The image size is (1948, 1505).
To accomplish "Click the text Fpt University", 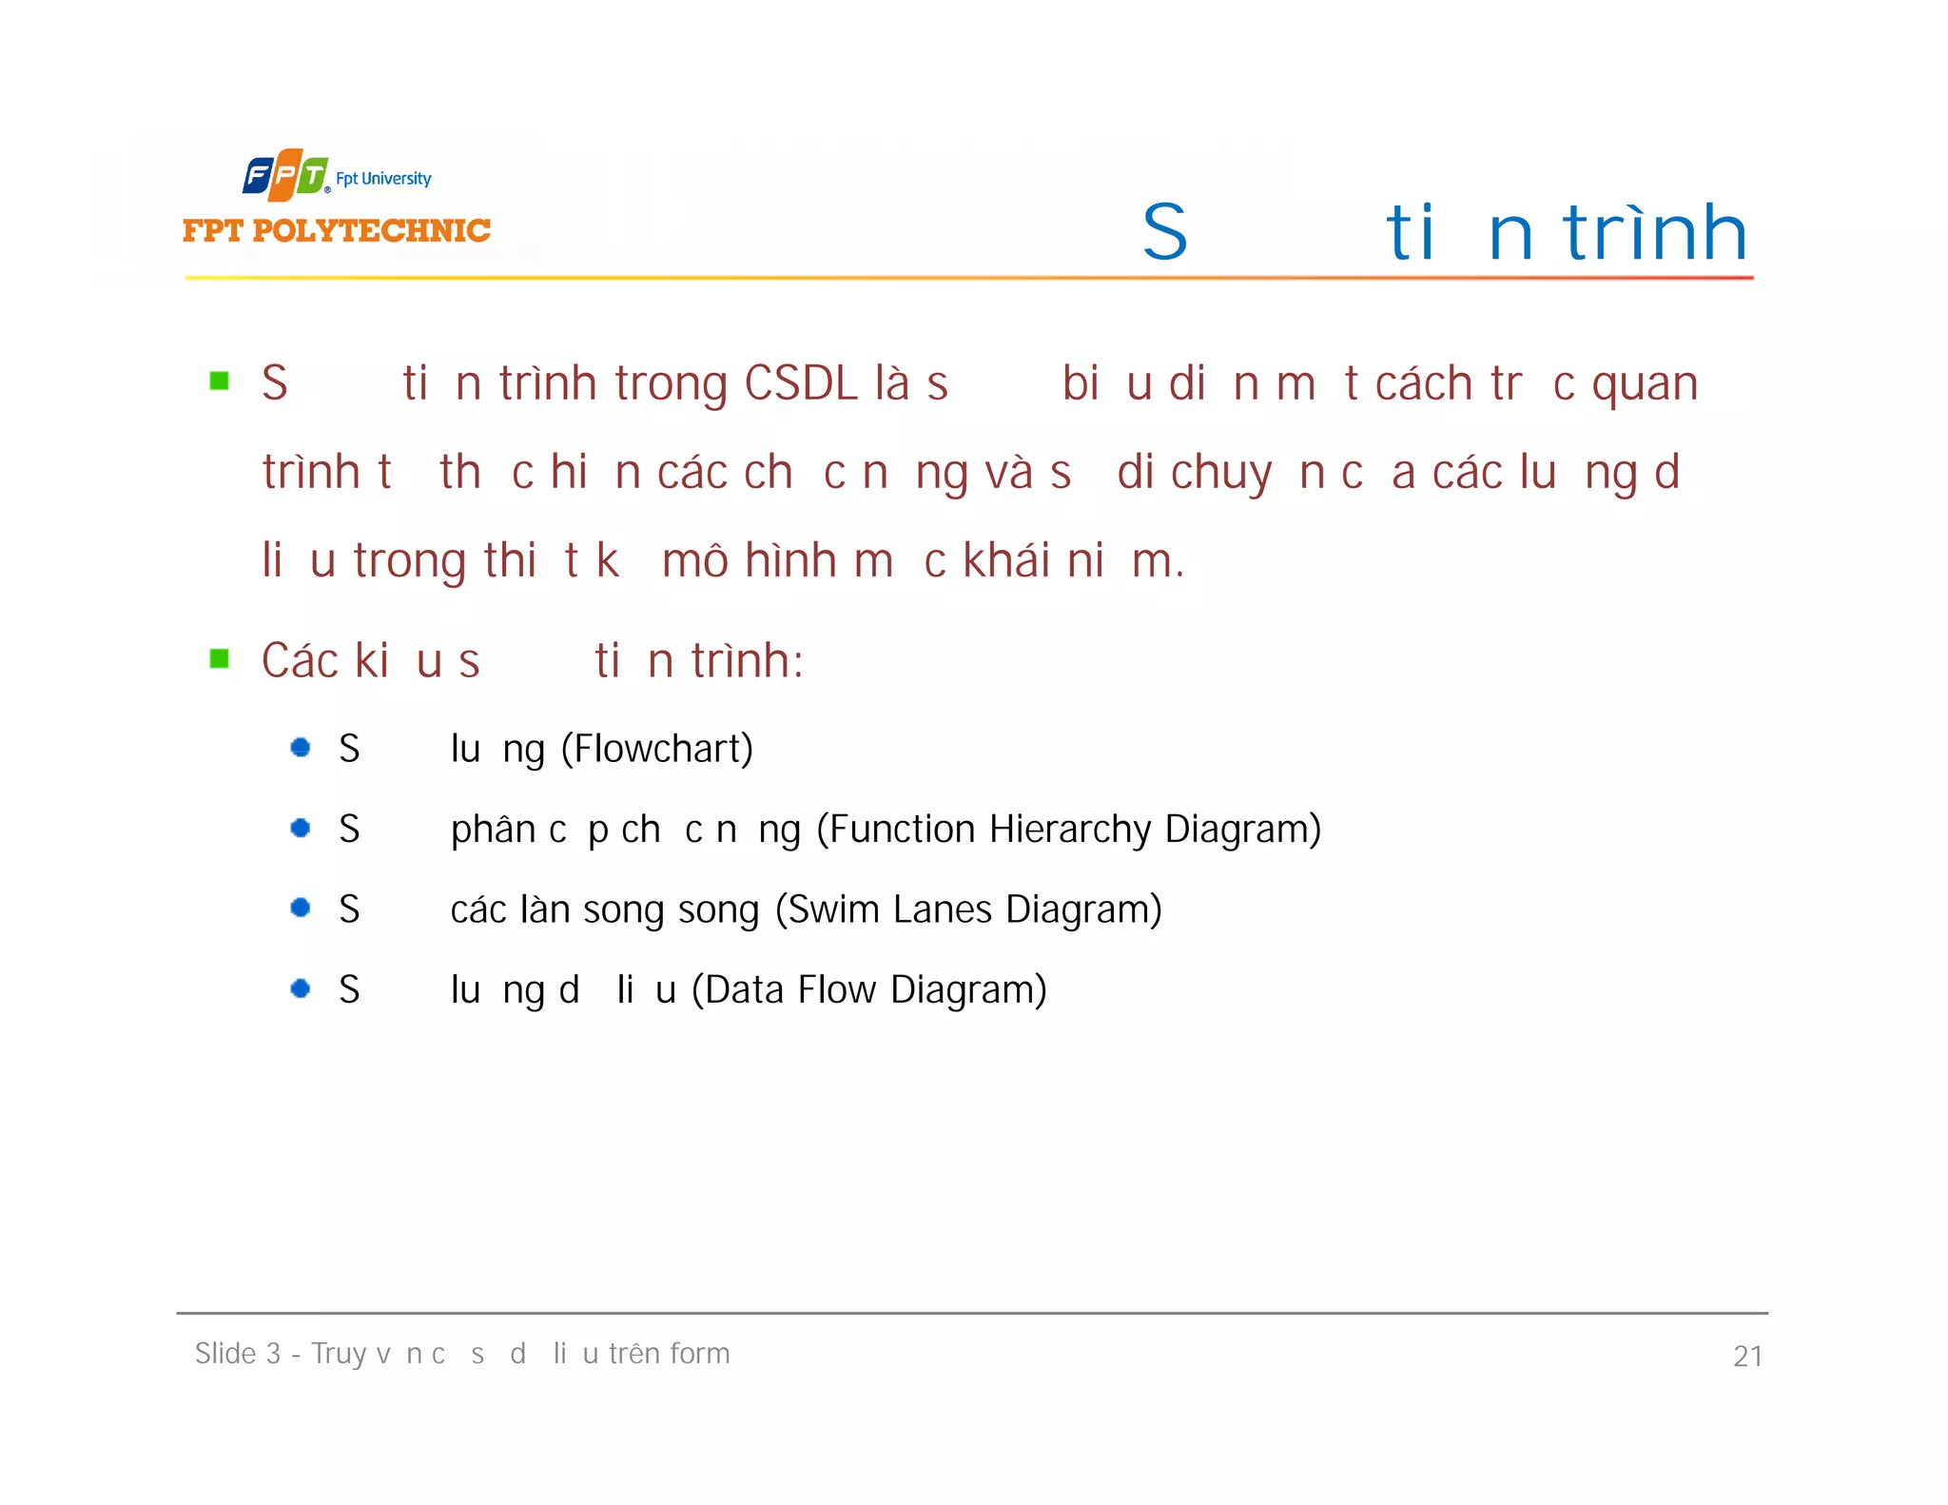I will [x=383, y=179].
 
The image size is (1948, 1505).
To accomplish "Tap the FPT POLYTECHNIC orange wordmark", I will [x=337, y=230].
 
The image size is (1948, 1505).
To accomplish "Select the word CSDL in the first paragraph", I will [x=801, y=383].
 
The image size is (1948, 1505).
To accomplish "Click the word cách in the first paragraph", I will [x=1424, y=383].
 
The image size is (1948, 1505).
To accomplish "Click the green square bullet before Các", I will [x=220, y=658].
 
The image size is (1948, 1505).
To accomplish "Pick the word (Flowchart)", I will [x=657, y=750].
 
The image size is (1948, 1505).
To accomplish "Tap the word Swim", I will [x=833, y=910].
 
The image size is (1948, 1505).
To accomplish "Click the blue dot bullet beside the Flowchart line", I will [x=301, y=748].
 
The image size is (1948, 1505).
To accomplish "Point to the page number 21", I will [x=1747, y=1357].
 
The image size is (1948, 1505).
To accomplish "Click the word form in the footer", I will [x=699, y=1354].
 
